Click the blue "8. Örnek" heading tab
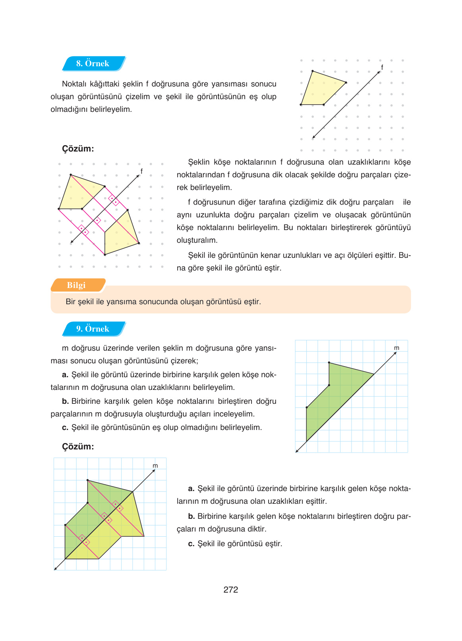93,63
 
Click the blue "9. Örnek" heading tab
93,329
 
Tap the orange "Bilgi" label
76,285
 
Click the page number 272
230,589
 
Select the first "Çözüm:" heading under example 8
78,149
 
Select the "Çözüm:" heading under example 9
78,447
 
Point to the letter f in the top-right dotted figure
382,67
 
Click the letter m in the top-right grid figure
396,348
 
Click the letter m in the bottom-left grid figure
155,466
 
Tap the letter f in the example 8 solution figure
141,171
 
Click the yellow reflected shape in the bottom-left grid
119,528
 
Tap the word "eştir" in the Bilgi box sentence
251,302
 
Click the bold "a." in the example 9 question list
65,375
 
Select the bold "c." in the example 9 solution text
191,544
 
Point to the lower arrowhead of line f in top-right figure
313,137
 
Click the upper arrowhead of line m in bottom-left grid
154,471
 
